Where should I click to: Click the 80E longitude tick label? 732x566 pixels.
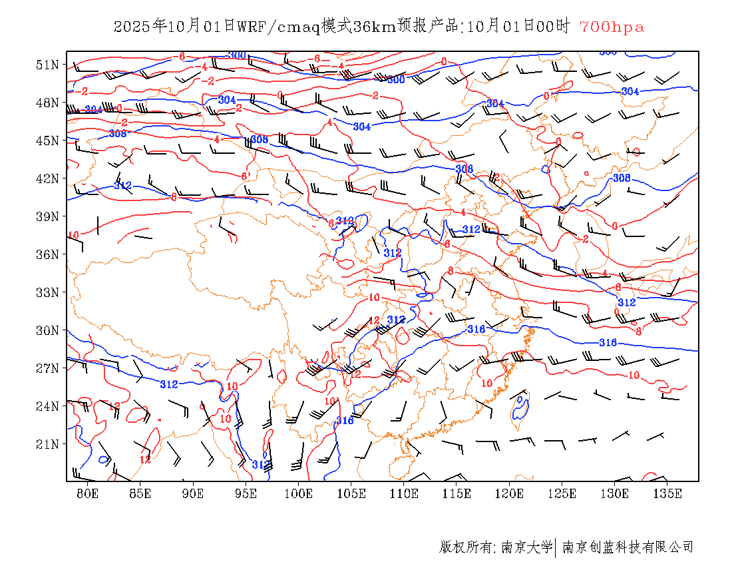pos(87,493)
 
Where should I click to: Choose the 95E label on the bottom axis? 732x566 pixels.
pos(246,493)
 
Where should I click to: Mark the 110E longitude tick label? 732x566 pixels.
pos(404,493)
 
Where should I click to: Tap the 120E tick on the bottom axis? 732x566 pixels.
pos(509,493)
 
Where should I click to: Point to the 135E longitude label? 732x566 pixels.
pos(667,493)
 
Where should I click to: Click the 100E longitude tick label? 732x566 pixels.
pos(298,493)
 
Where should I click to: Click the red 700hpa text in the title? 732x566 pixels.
pos(612,27)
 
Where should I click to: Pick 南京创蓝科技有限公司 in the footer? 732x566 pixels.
pos(628,547)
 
